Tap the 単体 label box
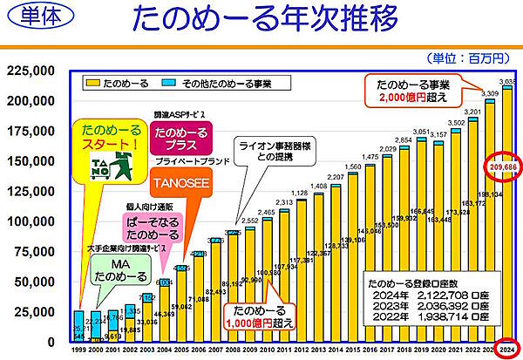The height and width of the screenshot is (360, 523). [x=33, y=20]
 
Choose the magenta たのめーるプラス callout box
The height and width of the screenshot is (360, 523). [x=180, y=139]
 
